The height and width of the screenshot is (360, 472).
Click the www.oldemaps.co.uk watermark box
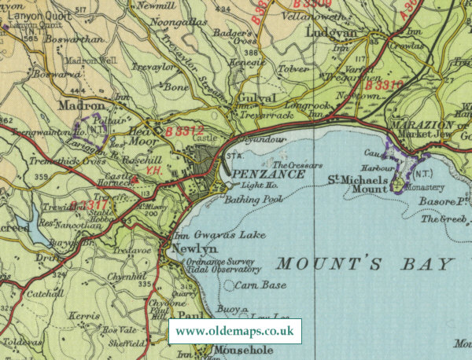(234, 332)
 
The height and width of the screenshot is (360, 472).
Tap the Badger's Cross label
(238, 39)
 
